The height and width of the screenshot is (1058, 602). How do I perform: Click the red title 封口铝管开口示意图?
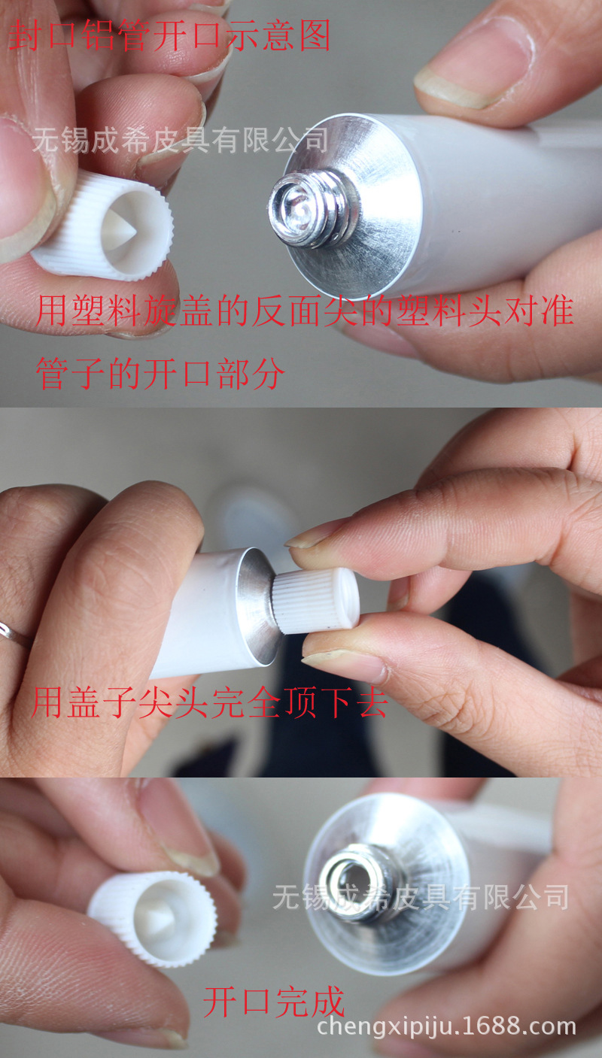click(169, 36)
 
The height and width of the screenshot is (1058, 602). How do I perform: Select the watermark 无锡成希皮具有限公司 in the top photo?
click(180, 140)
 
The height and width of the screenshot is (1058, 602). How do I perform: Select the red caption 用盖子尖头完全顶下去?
click(208, 703)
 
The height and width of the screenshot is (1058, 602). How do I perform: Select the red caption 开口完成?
click(274, 1002)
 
